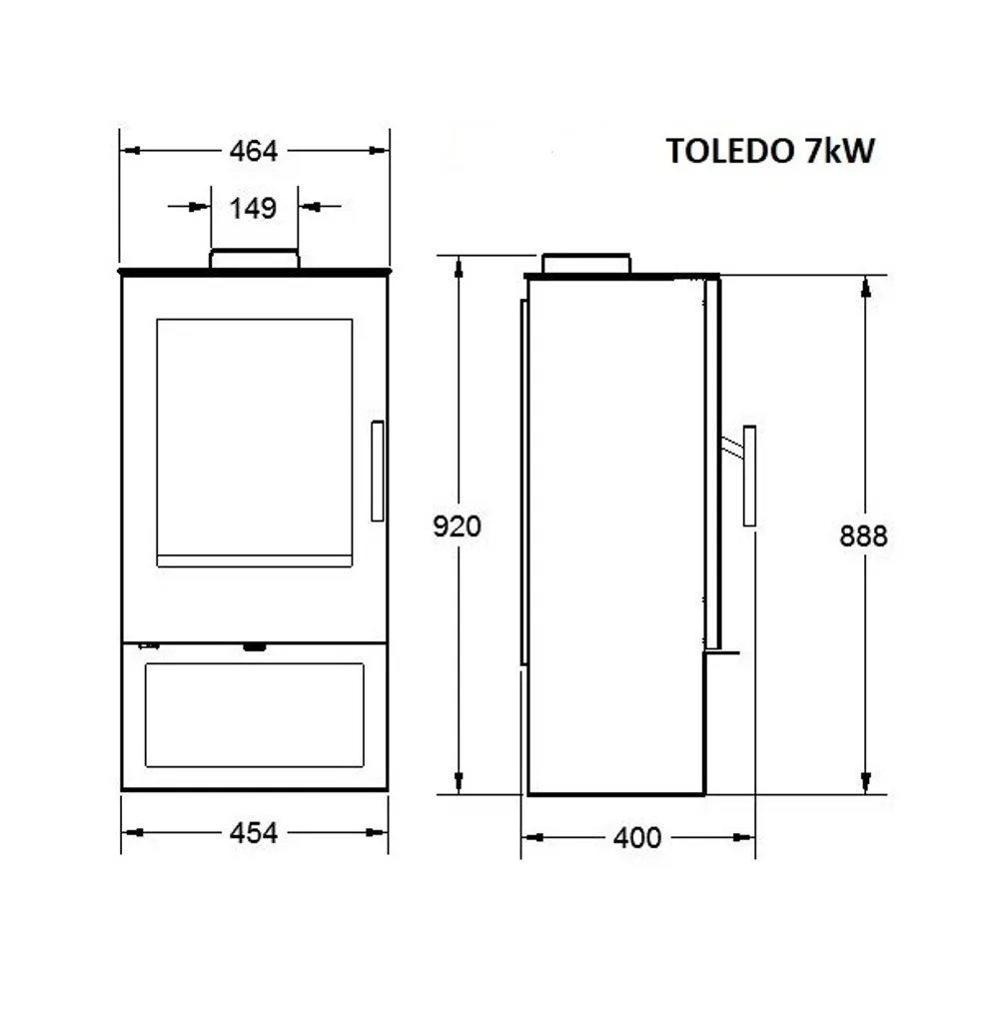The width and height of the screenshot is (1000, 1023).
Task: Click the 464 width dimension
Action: tap(253, 151)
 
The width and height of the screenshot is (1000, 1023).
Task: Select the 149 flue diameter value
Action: tap(253, 208)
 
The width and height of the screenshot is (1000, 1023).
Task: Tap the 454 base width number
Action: tap(253, 832)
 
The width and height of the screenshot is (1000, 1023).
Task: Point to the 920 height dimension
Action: tap(458, 526)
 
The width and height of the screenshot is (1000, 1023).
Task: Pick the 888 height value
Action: tap(863, 536)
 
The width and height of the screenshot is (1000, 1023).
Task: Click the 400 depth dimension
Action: tap(637, 837)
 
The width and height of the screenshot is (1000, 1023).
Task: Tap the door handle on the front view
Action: tap(377, 471)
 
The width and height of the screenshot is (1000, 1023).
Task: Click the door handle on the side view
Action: tap(748, 475)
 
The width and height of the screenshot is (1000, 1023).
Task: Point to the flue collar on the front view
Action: tap(254, 259)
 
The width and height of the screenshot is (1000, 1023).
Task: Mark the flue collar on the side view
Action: tap(586, 263)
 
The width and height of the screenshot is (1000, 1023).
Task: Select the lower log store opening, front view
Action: tap(254, 715)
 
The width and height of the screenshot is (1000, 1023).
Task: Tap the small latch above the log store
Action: tap(255, 647)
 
